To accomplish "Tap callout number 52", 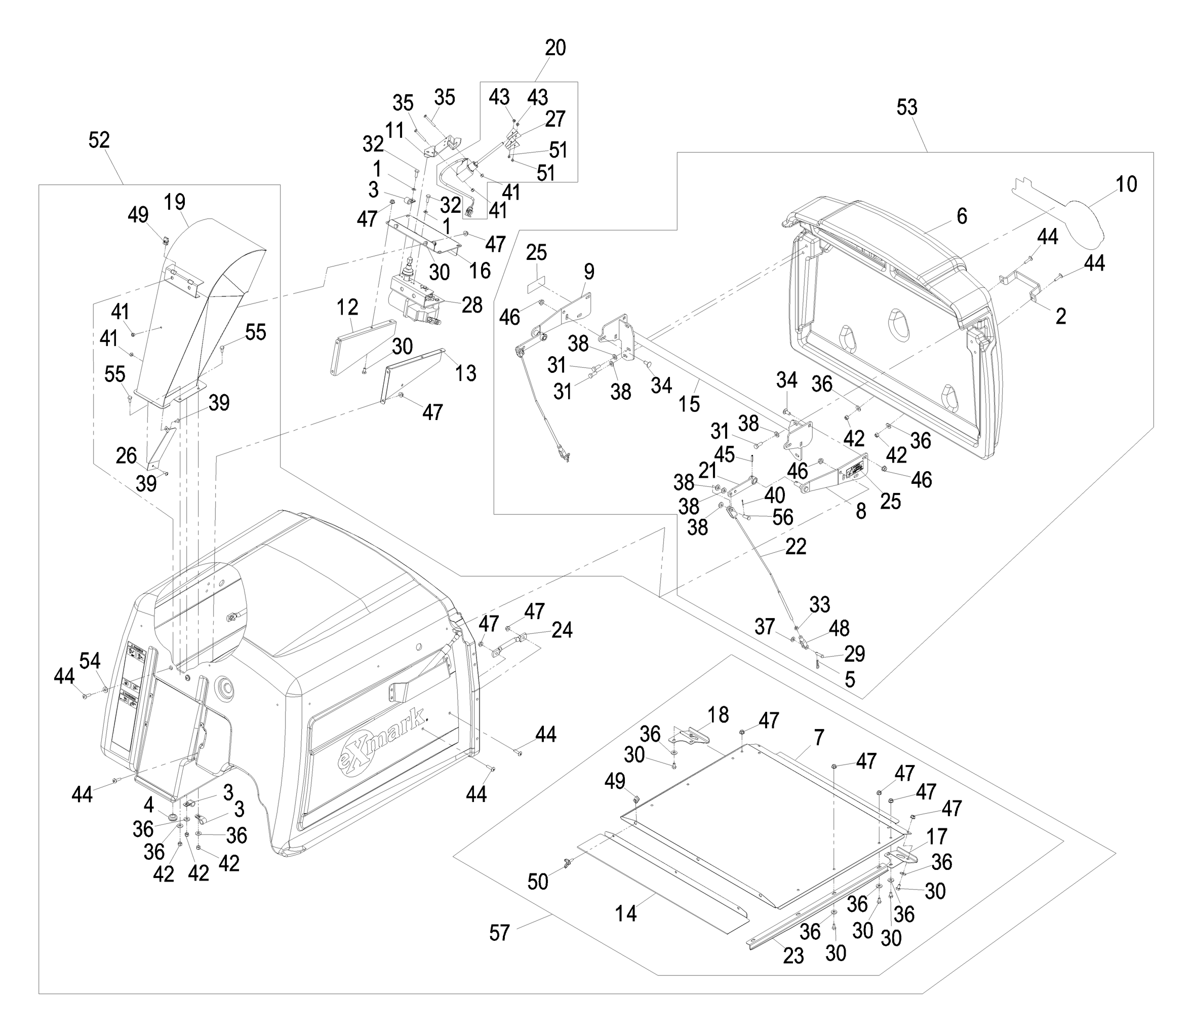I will pos(99,140).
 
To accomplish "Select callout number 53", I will pos(907,108).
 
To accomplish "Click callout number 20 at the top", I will pos(555,48).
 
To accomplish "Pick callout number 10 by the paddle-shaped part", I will pos(1126,184).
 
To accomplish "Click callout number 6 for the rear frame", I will pos(962,216).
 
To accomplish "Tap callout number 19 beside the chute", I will pos(175,202).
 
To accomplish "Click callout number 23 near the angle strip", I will pos(793,957).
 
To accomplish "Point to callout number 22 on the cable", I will pos(796,547).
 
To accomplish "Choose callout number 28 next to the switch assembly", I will pos(471,306).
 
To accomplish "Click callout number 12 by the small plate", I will pos(347,308).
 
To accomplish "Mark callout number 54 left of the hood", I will pos(90,661).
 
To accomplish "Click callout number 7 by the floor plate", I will pos(819,737).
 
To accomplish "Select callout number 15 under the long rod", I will pos(689,404).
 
